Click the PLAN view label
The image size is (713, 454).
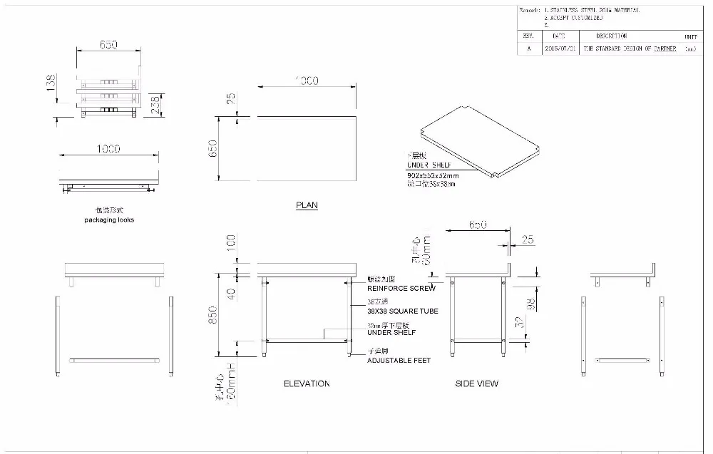(307, 205)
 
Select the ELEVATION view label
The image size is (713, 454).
(307, 383)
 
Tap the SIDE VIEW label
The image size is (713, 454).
(477, 383)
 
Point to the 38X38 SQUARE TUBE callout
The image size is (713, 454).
(402, 311)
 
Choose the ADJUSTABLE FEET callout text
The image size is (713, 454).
(399, 361)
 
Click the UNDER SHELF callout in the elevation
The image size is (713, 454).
(391, 333)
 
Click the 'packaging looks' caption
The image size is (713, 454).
(109, 220)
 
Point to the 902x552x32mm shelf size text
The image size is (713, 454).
(433, 175)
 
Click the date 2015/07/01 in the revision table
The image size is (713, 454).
(558, 49)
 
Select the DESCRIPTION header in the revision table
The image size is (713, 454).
(611, 36)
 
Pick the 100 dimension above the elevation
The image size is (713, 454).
(230, 242)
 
